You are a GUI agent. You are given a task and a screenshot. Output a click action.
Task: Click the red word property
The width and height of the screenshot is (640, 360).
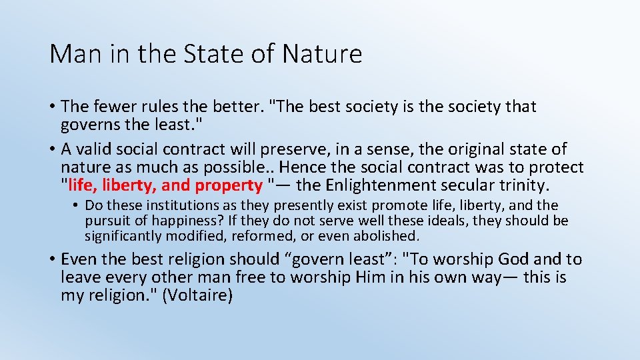(x=229, y=185)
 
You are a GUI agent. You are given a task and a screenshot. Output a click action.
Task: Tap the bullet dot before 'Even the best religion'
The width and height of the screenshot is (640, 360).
(x=51, y=259)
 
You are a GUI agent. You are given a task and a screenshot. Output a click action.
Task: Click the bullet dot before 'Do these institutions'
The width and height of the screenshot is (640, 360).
(x=77, y=205)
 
